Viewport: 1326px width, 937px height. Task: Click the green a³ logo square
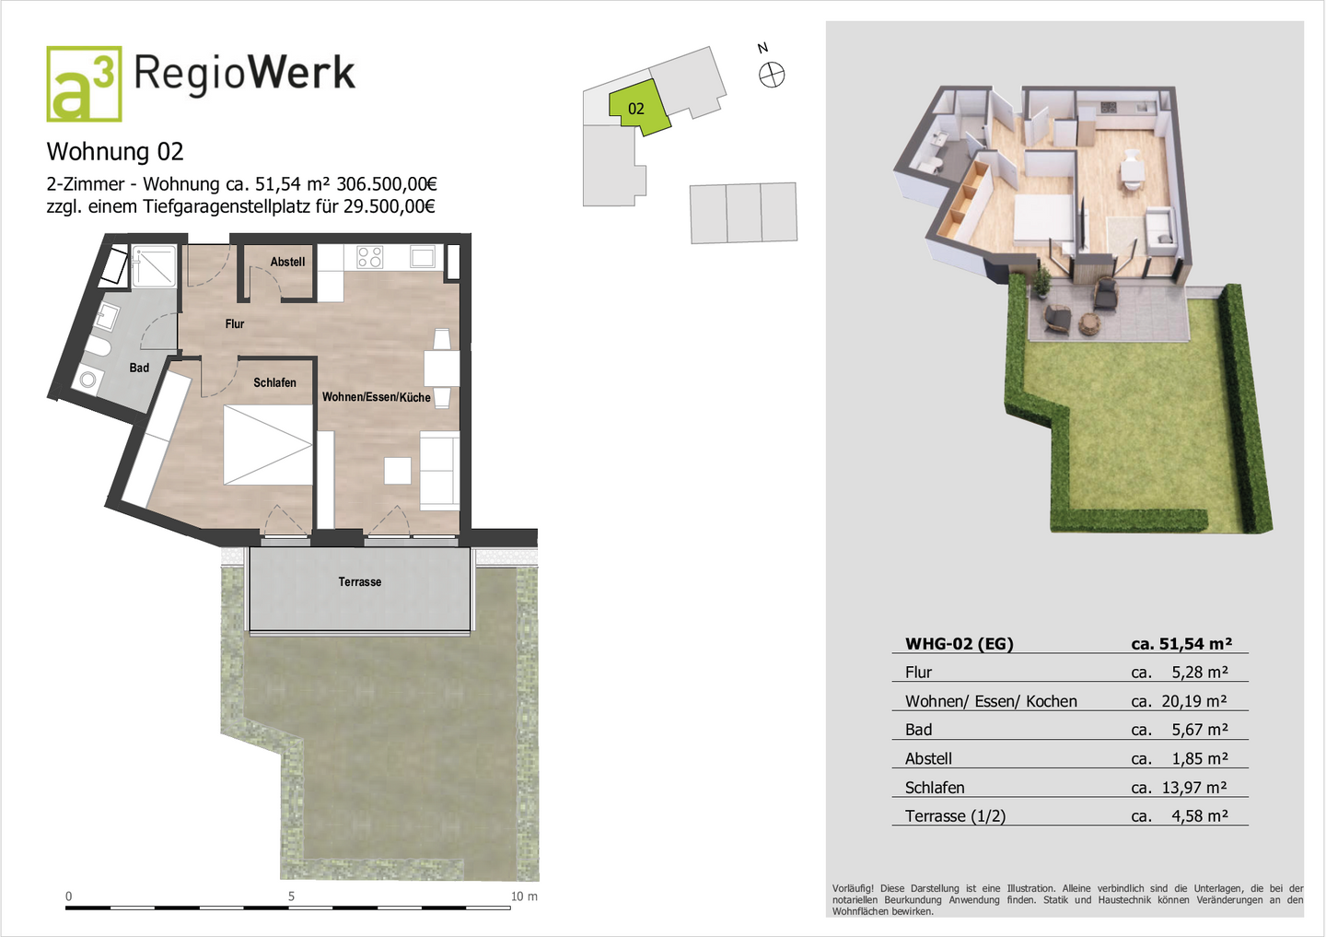click(x=84, y=84)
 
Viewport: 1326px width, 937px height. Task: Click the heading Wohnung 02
click(x=115, y=152)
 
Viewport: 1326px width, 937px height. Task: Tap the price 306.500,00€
click(x=387, y=184)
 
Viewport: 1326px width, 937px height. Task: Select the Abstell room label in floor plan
click(x=287, y=262)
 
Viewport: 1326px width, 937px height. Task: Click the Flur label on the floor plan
click(x=235, y=323)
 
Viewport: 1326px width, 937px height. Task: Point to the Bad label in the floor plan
click(x=139, y=368)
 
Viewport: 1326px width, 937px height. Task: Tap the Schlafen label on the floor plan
click(x=274, y=382)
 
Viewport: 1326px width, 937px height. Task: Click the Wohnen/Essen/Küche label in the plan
click(x=376, y=397)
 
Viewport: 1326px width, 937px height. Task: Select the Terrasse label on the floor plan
click(x=359, y=581)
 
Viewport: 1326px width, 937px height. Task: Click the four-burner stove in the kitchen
click(x=369, y=257)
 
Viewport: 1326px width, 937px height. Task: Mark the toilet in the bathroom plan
click(x=97, y=347)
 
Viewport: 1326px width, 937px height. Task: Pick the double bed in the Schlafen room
click(x=268, y=445)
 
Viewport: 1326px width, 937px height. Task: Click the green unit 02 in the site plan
click(x=637, y=108)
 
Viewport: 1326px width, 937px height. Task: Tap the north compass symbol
click(x=772, y=75)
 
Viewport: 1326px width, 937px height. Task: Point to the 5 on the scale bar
click(x=291, y=896)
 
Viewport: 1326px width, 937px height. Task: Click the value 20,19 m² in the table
click(x=1193, y=701)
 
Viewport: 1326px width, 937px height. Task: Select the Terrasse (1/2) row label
click(x=955, y=816)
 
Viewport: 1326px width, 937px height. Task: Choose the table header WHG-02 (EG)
click(x=959, y=644)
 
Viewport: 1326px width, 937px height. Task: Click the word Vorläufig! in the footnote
click(x=854, y=889)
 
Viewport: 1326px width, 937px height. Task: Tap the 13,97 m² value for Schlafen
click(x=1193, y=788)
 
